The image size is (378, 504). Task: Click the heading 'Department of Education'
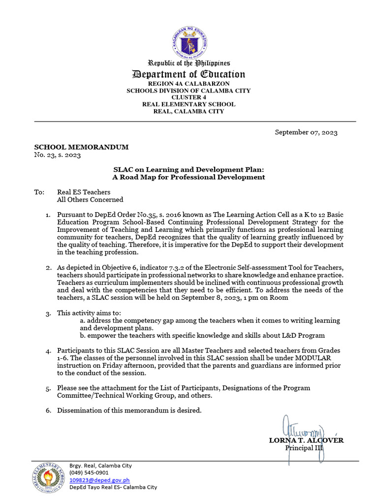coord(189,74)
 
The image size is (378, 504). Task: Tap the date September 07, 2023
coord(306,132)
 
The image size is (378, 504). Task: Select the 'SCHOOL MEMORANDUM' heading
coord(81,147)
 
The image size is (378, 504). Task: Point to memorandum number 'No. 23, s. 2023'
coord(57,155)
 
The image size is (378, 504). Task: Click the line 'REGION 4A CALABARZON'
coord(189,84)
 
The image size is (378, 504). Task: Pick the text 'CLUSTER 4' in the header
coord(189,97)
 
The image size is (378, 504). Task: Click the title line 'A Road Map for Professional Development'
coord(189,177)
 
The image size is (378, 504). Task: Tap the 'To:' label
coord(39,192)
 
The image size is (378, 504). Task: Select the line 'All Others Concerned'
coord(90,200)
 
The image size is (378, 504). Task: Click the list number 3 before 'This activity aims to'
coord(48,314)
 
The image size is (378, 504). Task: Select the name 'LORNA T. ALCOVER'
coord(306,441)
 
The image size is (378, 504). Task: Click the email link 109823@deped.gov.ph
coord(99,480)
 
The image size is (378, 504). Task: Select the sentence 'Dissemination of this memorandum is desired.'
coord(129,410)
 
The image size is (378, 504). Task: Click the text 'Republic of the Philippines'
coord(189,63)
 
